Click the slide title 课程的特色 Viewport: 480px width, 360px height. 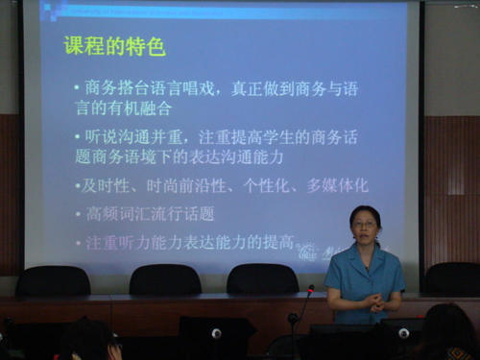point(115,45)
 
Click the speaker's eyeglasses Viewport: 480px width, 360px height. point(365,225)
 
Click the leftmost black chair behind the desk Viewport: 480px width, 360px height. point(53,280)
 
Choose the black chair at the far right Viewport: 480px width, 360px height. point(451,278)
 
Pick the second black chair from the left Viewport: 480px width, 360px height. point(164,279)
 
